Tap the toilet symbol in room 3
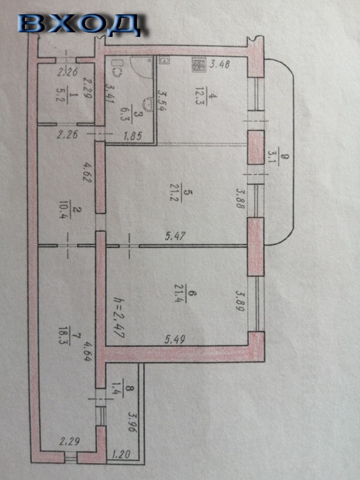point(117,68)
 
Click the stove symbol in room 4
point(198,64)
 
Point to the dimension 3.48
point(219,64)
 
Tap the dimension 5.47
point(175,236)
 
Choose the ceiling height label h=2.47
point(119,317)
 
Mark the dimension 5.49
point(175,339)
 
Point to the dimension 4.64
point(87,350)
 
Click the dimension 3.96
point(132,421)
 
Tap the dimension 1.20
point(121,454)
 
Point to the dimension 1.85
point(132,136)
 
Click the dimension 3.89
point(240,301)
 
